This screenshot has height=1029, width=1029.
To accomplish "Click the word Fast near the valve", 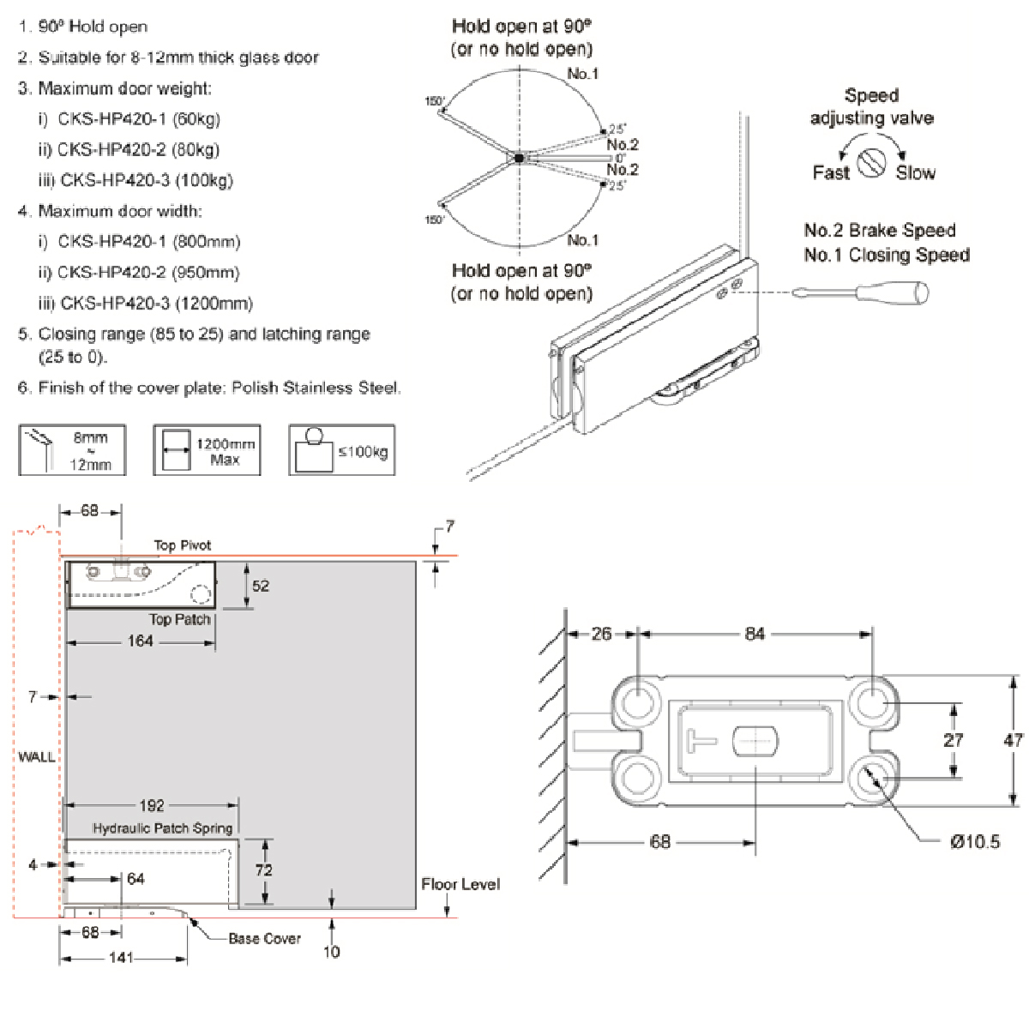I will tap(830, 173).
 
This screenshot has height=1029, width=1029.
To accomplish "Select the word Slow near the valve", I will tap(915, 173).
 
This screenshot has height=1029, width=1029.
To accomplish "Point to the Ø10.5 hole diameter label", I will tap(974, 842).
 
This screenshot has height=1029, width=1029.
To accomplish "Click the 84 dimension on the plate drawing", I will tap(755, 634).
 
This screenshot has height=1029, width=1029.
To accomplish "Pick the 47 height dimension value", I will tap(1013, 739).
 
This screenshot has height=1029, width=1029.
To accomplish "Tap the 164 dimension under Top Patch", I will tap(140, 641).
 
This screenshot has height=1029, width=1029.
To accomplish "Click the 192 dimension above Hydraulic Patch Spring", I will tap(151, 806).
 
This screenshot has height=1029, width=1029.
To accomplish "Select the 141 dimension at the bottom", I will tap(121, 957).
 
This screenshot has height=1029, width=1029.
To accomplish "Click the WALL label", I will tap(36, 757).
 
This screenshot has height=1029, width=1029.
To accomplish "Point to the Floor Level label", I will tap(460, 884).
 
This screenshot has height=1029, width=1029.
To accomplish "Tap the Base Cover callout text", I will tap(264, 939).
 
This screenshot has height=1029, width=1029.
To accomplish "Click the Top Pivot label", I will tap(182, 545).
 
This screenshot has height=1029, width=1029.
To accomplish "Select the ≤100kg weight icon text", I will tap(362, 452).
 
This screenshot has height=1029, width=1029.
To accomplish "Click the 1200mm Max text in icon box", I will tap(225, 451).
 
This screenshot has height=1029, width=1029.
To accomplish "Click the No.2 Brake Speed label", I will tap(879, 231).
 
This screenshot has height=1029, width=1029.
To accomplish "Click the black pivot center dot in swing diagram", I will tap(519, 158).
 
